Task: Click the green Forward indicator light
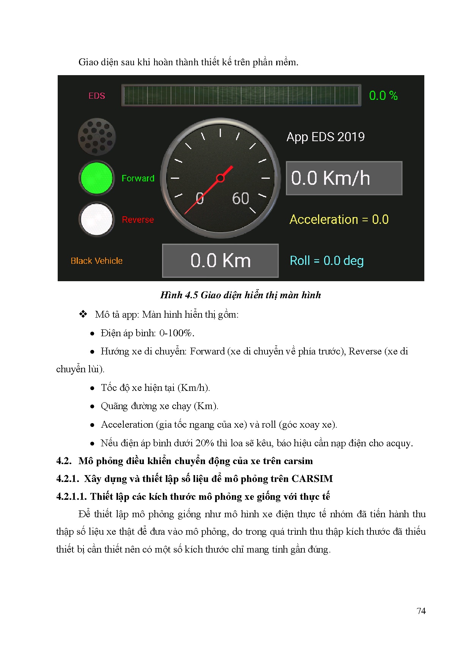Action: coord(97,178)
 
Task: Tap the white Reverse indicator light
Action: coord(97,219)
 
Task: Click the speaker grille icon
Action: coord(97,137)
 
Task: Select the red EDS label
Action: coord(97,96)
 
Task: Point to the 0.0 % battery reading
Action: coord(383,96)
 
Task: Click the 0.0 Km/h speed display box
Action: coord(344,178)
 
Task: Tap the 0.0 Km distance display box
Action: coord(221,261)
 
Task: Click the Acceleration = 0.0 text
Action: coord(339,219)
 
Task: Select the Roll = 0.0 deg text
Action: coord(327,261)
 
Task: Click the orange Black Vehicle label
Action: coord(97,261)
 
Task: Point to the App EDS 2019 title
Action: coord(326,137)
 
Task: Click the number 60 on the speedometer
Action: coord(241,198)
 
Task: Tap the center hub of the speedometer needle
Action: coord(220,178)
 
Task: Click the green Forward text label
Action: coord(138,178)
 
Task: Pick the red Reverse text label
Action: coord(138,220)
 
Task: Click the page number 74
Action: coord(421,611)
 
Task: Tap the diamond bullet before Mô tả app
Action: coord(83,314)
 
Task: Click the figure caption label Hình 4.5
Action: coord(179,295)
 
